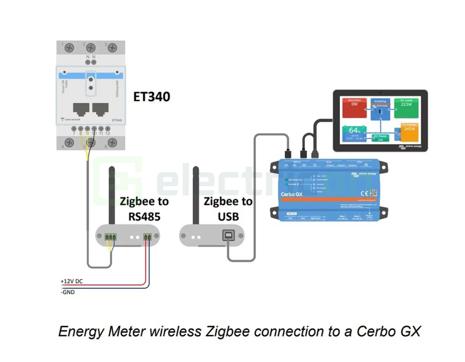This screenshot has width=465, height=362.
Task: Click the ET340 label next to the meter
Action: point(152,97)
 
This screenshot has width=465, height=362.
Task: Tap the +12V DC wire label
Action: point(71,281)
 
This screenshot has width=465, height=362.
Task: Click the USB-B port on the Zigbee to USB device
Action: point(228,235)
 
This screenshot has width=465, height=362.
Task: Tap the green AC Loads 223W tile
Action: point(406,108)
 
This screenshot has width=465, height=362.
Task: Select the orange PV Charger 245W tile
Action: point(409,132)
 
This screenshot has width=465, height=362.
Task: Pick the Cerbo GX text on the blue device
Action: point(291,194)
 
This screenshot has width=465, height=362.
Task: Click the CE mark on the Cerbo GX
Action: point(364,193)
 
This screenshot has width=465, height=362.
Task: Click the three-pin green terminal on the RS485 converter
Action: point(110,237)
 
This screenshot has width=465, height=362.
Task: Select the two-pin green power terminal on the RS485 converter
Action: point(147,237)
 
